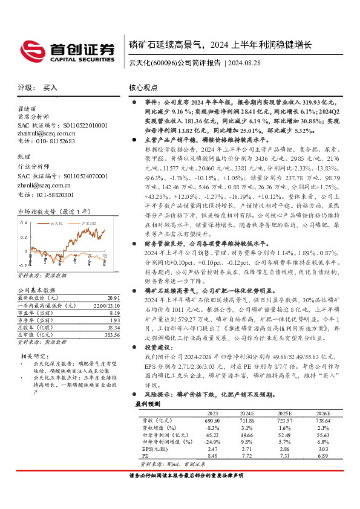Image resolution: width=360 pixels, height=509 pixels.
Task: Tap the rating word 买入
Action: [51, 88]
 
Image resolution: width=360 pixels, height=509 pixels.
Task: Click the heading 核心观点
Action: [143, 88]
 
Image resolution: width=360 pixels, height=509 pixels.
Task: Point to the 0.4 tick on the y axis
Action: [24, 223]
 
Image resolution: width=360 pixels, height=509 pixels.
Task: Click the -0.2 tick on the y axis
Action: [23, 265]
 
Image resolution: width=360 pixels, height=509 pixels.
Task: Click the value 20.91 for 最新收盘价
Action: [113, 297]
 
